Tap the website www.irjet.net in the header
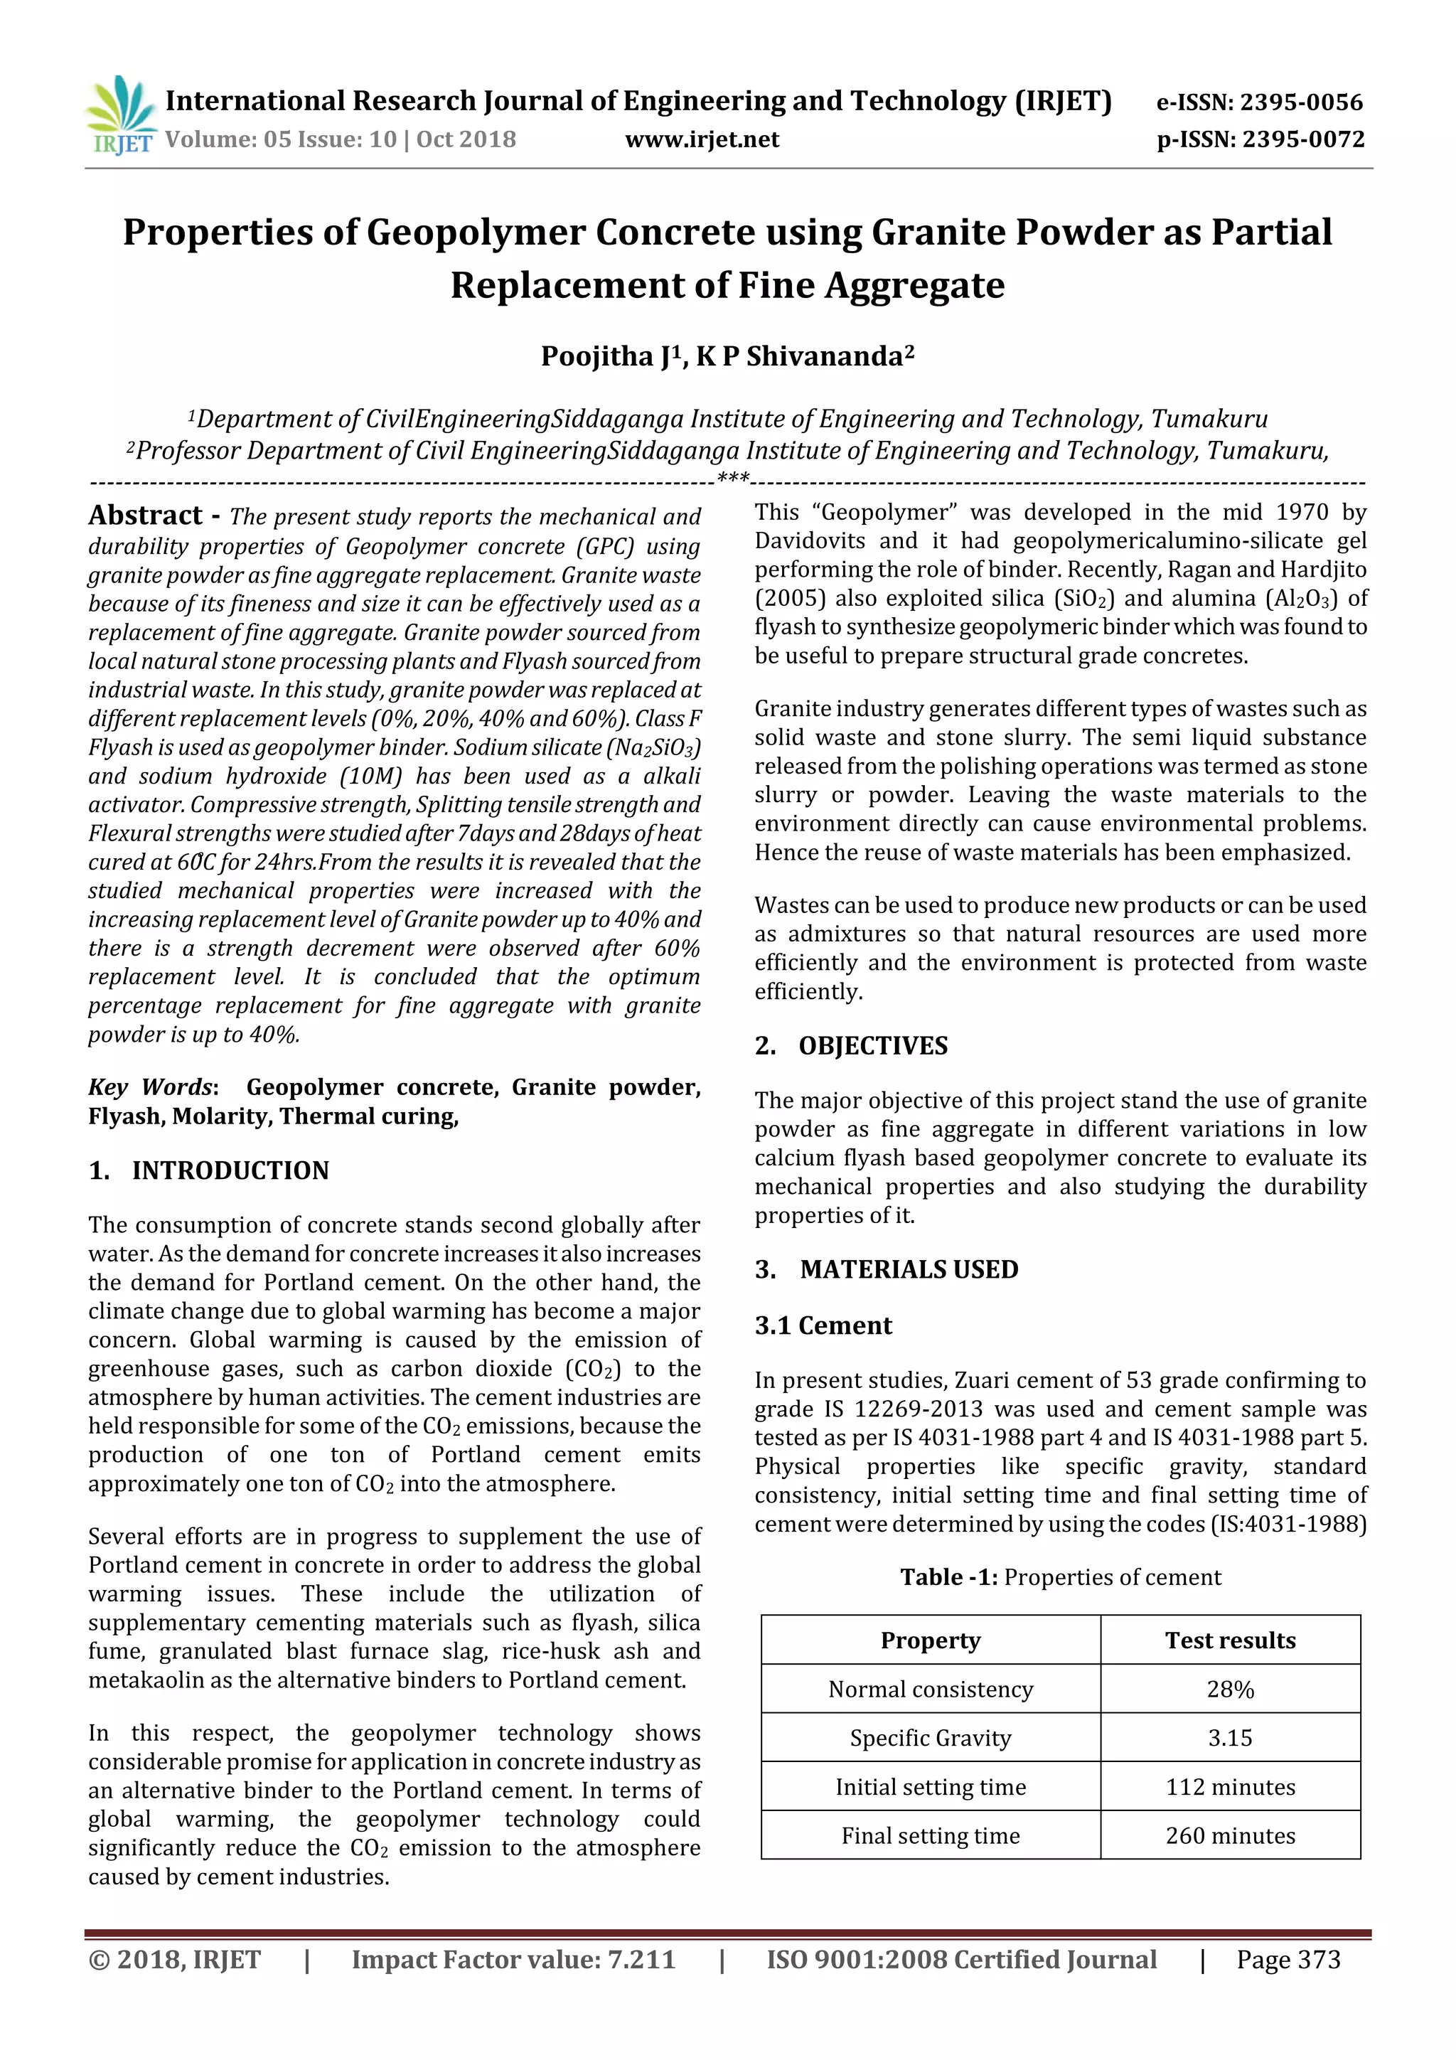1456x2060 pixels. pos(702,140)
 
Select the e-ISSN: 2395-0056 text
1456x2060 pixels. pos(1260,102)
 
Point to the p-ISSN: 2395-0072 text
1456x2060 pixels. pos(1260,140)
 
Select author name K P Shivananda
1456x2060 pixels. pos(804,357)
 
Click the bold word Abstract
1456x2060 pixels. pos(145,516)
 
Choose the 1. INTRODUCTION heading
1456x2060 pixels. pos(209,1171)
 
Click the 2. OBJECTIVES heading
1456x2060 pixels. pos(852,1046)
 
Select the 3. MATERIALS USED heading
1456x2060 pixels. pos(887,1269)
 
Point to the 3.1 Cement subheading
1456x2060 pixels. pos(823,1326)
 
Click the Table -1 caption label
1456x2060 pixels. pos(948,1578)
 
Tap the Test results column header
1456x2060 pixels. pos(1230,1641)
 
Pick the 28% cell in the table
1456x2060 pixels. pos(1230,1690)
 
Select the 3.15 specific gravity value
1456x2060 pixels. pos(1230,1739)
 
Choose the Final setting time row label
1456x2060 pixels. pos(931,1837)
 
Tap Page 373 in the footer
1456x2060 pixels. pos(1288,1960)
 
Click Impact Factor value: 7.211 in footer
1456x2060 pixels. pos(513,1960)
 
